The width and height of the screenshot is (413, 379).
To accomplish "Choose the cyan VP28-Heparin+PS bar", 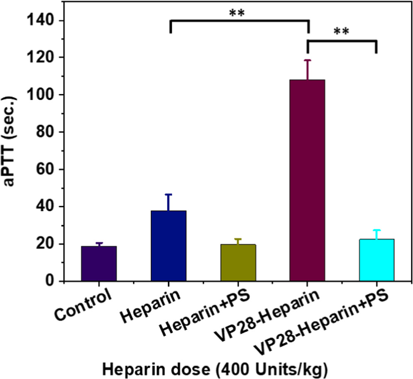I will click(376, 260).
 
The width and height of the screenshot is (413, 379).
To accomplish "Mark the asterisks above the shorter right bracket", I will click(341, 31).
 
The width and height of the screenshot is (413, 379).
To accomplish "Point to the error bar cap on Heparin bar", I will click(169, 194).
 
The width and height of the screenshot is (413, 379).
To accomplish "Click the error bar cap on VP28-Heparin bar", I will click(307, 60).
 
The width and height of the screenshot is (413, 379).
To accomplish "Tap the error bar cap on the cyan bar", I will click(376, 230).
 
